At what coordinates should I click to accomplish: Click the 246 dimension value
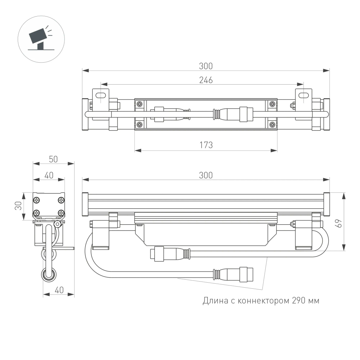(x=206, y=80)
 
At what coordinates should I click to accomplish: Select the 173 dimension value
(x=206, y=145)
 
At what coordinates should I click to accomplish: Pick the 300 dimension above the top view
(x=206, y=66)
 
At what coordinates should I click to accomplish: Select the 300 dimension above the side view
(x=206, y=175)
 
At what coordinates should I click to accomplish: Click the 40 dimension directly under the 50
(x=49, y=175)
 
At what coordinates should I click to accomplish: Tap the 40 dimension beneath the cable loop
(x=59, y=290)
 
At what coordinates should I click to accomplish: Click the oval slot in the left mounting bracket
(x=102, y=95)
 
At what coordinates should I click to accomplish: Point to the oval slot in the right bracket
(x=304, y=95)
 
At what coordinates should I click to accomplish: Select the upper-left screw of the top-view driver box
(x=139, y=104)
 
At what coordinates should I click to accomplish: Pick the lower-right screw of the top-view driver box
(x=272, y=125)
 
